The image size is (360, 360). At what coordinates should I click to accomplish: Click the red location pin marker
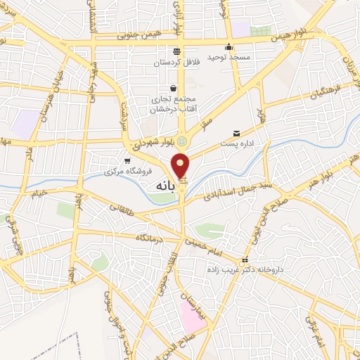(x=181, y=166)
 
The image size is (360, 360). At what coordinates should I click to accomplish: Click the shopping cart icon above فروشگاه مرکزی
(x=127, y=160)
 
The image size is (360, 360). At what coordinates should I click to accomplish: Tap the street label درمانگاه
(x=151, y=239)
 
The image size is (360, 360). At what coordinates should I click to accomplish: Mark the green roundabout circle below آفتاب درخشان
(x=182, y=141)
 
